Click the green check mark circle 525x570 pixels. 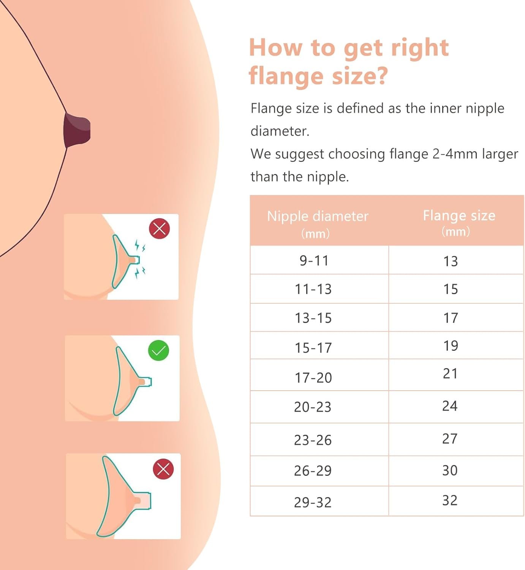coord(158,350)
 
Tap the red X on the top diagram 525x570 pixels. coord(160,228)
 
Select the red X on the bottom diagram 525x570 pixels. coord(163,469)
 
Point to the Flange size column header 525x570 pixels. coord(459,223)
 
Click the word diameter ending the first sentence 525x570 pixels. coord(280,131)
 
